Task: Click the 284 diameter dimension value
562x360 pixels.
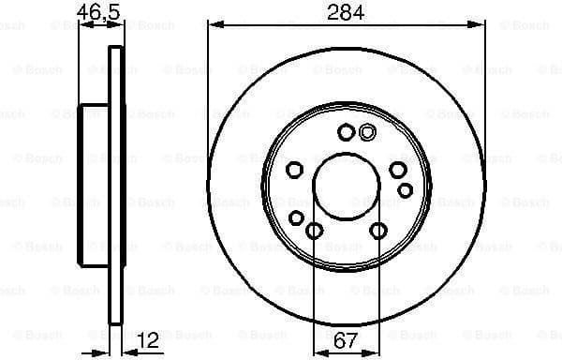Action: tap(346, 13)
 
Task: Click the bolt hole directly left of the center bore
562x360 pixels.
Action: tap(294, 169)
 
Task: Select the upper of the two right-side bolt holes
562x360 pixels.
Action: tap(398, 169)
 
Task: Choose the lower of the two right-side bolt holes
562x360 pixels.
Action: tap(405, 190)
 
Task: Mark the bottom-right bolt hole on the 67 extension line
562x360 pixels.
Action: tap(378, 231)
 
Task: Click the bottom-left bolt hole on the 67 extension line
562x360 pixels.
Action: tap(315, 231)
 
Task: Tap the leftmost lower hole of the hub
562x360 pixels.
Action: tap(297, 218)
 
